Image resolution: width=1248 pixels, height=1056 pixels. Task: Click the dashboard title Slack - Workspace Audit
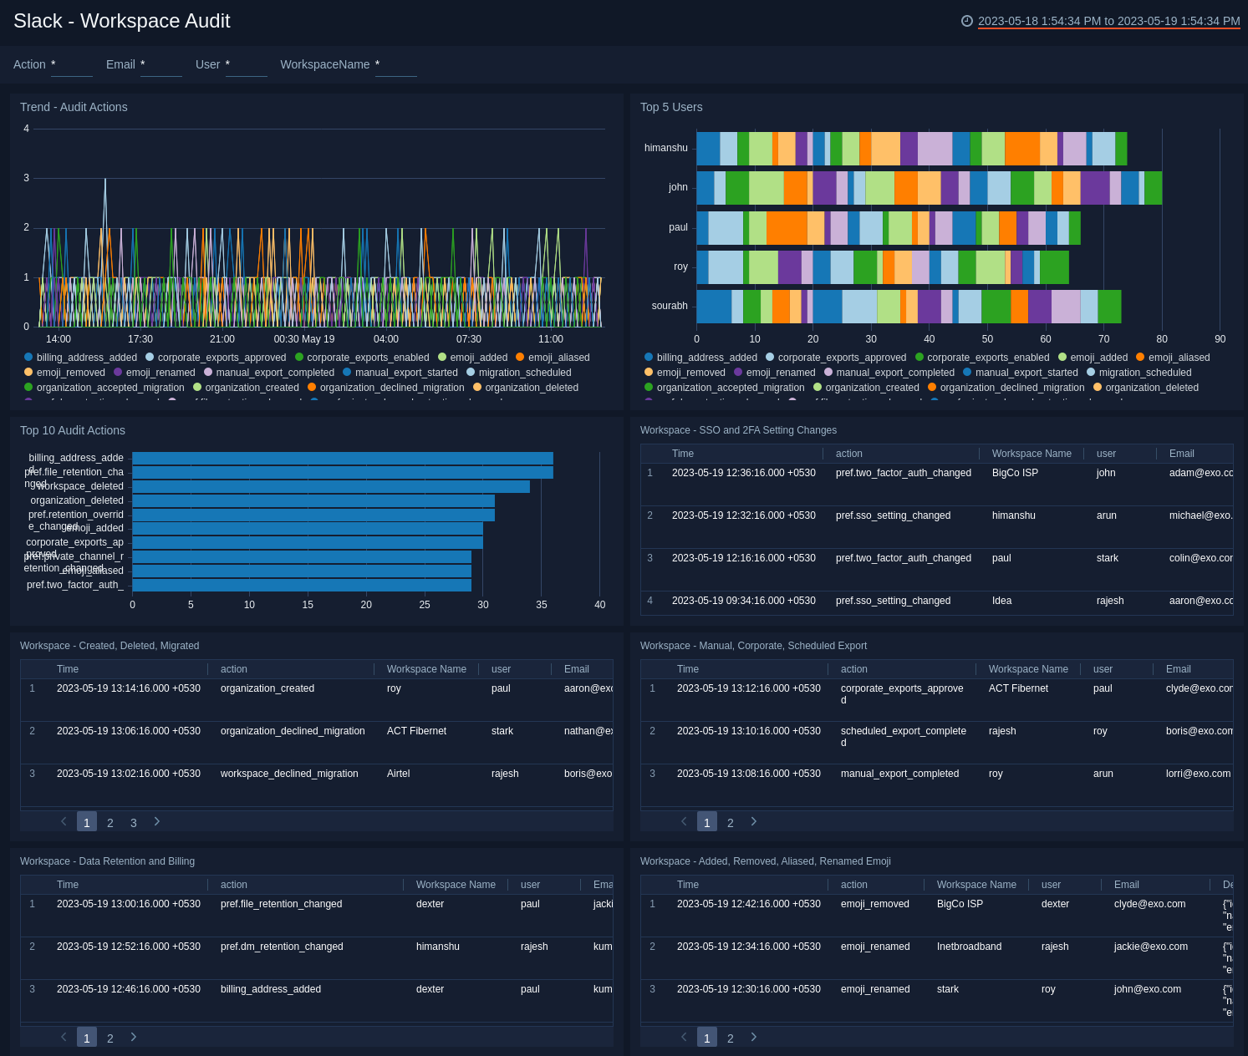[x=122, y=21]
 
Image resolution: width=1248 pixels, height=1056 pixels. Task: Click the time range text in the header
[x=1108, y=21]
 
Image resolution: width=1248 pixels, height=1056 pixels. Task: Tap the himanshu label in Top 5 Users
[x=665, y=148]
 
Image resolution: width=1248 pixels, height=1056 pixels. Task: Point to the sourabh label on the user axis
[x=669, y=306]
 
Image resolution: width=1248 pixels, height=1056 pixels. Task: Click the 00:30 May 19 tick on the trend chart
[x=304, y=339]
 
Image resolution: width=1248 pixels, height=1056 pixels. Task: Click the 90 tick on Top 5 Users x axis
[x=1220, y=339]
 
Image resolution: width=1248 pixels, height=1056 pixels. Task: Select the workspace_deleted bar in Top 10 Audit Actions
[x=330, y=486]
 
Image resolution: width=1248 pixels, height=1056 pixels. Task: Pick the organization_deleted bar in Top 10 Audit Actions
[x=313, y=500]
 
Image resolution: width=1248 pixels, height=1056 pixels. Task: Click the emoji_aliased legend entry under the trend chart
[x=558, y=358]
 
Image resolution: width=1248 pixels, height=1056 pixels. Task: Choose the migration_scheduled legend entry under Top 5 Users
[x=1144, y=373]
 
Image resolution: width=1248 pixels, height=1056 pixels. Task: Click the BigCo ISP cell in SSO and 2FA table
[x=1015, y=473]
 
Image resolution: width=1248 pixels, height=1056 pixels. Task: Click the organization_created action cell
[x=267, y=688]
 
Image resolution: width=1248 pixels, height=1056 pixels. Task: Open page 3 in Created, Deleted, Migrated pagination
[x=134, y=823]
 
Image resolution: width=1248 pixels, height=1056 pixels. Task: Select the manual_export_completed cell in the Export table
[x=899, y=774]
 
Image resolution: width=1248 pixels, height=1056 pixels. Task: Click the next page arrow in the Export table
[x=754, y=822]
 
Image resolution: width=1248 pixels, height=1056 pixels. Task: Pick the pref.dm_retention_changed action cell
[x=282, y=947]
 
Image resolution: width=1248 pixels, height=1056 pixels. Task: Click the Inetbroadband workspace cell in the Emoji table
[x=969, y=947]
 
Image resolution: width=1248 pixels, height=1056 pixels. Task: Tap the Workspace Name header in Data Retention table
[x=456, y=885]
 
